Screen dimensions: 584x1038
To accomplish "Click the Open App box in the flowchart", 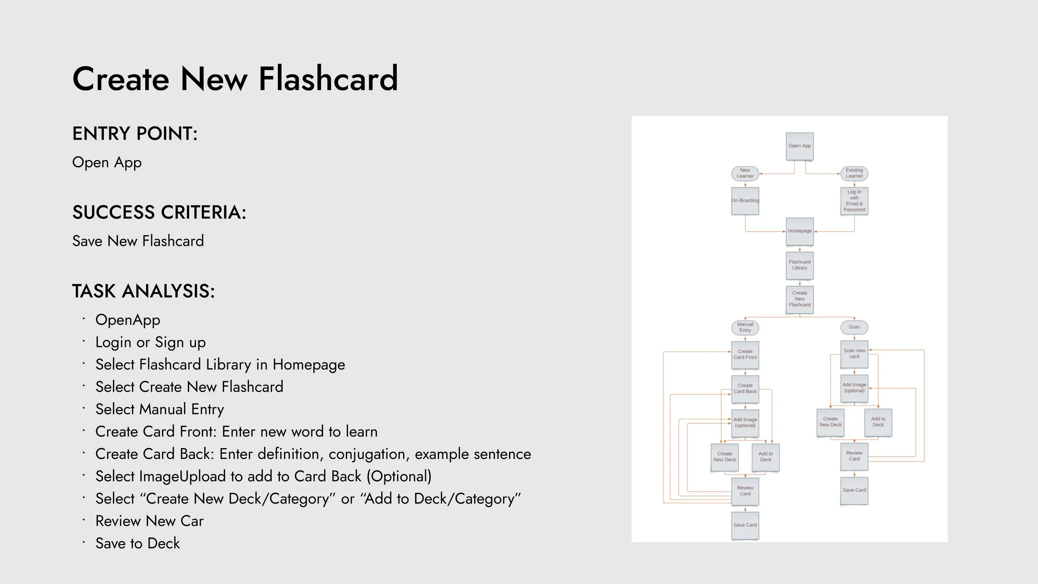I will point(799,146).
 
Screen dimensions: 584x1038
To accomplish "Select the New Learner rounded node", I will point(745,173).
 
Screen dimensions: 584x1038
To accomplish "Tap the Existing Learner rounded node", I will point(854,173).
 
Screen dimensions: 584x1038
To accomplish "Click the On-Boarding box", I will point(745,201).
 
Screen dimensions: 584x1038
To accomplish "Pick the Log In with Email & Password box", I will point(854,201).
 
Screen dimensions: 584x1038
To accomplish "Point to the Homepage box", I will point(799,231).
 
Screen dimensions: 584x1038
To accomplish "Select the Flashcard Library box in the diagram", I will point(799,265).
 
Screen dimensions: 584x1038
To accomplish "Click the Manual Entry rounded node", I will point(745,327).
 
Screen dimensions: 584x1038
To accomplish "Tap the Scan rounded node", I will point(854,327).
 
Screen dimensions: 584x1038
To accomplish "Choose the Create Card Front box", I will point(745,355).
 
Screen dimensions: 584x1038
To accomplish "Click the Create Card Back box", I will point(745,389).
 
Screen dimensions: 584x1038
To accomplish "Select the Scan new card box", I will point(854,354).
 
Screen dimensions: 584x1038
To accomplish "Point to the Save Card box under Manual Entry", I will point(745,525).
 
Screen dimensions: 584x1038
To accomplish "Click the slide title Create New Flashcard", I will point(235,79).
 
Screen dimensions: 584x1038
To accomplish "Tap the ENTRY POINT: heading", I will point(135,134).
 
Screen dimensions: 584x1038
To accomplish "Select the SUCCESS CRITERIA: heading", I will point(159,212).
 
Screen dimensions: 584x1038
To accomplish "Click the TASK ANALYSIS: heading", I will point(144,291).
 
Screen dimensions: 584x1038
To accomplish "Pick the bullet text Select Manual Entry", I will point(159,409).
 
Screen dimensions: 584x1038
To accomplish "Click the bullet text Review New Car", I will point(149,521).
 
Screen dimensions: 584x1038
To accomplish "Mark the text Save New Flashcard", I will point(138,241).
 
